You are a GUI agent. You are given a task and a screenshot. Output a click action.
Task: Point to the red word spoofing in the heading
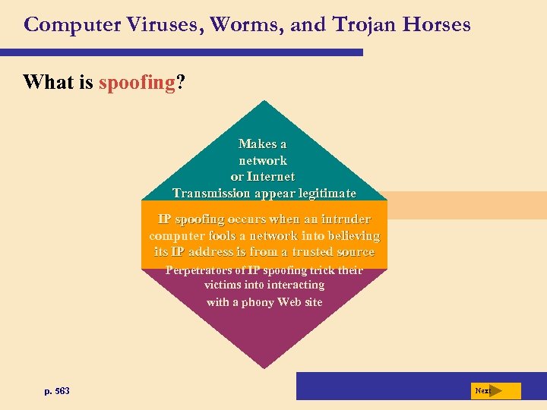(x=137, y=82)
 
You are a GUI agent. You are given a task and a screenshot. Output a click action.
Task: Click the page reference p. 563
(x=57, y=391)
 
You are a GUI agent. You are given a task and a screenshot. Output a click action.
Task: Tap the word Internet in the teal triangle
(x=271, y=177)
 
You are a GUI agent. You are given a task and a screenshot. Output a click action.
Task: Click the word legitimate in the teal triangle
(x=323, y=194)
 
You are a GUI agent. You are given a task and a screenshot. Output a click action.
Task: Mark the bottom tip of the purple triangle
(x=264, y=367)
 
